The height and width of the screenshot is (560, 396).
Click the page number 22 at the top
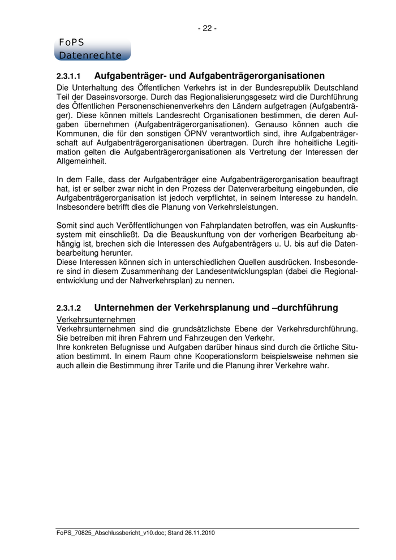coord(208,28)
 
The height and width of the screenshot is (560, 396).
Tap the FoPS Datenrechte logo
coord(92,49)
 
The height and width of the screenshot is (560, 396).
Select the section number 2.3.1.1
coord(69,76)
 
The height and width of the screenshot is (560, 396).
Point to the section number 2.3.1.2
coord(69,308)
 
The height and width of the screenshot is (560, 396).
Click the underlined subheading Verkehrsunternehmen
coord(96,319)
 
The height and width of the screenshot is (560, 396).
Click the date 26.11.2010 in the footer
coord(197,533)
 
